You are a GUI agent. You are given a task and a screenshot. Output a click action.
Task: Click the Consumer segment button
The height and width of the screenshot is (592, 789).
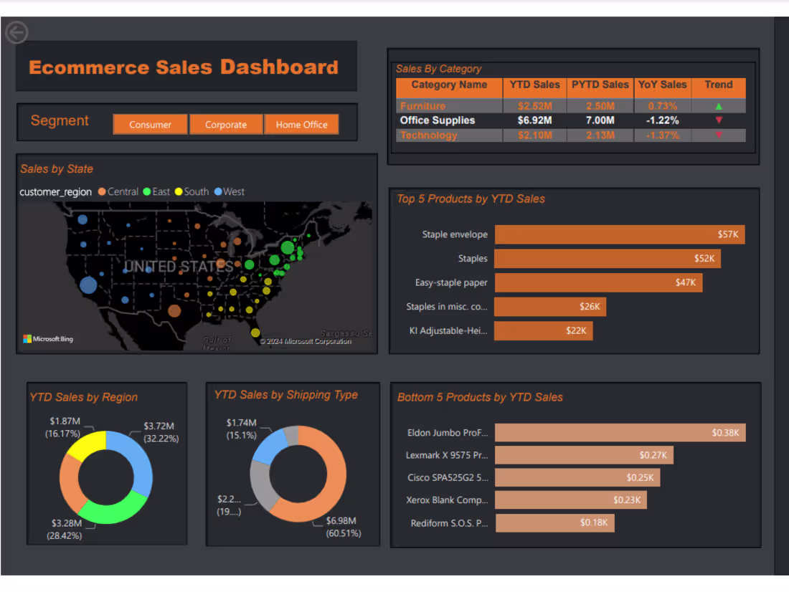pos(150,125)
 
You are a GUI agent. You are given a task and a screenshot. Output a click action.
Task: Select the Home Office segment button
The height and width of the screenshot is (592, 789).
pos(301,125)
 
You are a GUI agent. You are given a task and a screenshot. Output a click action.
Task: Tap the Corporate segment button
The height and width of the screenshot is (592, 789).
pos(226,125)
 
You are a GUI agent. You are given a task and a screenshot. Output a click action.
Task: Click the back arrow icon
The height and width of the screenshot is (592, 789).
pos(16,33)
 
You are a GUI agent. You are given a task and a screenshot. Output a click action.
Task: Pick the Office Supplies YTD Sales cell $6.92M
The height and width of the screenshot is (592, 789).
pos(535,120)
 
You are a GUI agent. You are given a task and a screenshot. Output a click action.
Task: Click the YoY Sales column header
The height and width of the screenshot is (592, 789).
pos(663,85)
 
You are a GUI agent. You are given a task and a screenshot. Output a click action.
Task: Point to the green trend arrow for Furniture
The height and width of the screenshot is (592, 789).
pos(719,106)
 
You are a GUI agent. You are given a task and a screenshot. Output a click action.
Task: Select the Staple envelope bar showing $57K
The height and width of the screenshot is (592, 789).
pos(620,234)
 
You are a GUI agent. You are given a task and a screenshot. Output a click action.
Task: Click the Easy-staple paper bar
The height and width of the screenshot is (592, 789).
pos(598,282)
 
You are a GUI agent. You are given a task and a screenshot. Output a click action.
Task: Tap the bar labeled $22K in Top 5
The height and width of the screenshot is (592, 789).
pos(543,330)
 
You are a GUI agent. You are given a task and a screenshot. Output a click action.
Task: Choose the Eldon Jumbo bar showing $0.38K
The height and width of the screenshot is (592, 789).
pos(620,433)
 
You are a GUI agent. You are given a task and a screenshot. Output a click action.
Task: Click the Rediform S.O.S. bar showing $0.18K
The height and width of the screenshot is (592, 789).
pos(554,522)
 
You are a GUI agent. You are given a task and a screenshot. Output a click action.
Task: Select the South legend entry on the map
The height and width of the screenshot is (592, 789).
pos(192,192)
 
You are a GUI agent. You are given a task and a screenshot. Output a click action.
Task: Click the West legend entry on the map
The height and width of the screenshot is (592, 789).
pos(230,192)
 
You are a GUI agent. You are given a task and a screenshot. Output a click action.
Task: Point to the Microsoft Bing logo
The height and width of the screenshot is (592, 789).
pos(48,339)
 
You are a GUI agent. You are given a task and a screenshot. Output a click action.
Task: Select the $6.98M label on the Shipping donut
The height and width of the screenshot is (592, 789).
pos(341,520)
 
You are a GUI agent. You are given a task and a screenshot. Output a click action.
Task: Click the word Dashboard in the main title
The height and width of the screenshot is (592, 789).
pos(278,67)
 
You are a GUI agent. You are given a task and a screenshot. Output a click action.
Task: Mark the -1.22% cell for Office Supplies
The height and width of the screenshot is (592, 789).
pos(663,120)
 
